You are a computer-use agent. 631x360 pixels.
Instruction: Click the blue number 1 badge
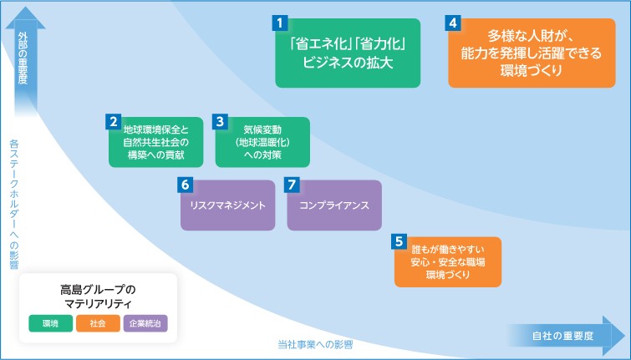tap(280, 23)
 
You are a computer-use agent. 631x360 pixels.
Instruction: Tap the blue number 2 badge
tap(113, 121)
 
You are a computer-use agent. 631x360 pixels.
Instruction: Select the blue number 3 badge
tap(220, 121)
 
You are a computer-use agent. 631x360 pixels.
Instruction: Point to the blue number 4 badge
tap(453, 23)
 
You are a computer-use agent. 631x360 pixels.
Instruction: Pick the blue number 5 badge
tap(399, 241)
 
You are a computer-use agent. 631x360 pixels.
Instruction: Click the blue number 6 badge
tap(185, 185)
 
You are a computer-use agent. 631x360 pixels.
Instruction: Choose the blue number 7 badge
tap(292, 185)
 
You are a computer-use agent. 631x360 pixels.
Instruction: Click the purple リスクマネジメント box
tap(228, 205)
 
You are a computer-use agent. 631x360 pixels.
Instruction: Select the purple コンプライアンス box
tap(334, 205)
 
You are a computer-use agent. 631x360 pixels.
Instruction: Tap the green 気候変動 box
tap(262, 142)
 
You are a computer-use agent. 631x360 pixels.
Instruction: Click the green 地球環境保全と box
tap(155, 142)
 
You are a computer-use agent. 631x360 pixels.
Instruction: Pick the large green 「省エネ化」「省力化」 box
tap(348, 53)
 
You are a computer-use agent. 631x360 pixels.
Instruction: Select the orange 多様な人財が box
tap(532, 53)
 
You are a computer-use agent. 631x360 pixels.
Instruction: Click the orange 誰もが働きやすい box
tap(448, 261)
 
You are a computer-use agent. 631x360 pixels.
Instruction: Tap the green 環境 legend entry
tap(51, 323)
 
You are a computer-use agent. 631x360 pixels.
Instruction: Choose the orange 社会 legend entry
tap(98, 323)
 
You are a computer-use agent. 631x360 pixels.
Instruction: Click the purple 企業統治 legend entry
tap(145, 323)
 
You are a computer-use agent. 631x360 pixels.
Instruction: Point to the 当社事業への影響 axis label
tap(315, 345)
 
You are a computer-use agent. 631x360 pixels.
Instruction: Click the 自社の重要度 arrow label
tap(562, 336)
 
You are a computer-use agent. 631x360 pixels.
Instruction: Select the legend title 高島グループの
tap(98, 290)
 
